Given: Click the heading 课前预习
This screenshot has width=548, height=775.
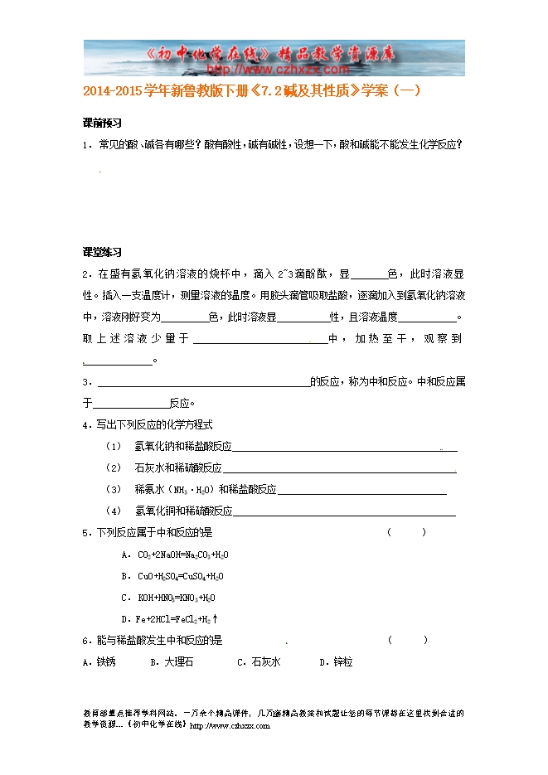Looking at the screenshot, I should pyautogui.click(x=102, y=123).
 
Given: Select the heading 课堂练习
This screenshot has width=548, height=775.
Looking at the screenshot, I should pyautogui.click(x=102, y=252).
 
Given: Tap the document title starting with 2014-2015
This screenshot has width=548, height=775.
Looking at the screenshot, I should pyautogui.click(x=252, y=92).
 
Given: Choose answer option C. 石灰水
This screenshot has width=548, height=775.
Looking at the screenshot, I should pyautogui.click(x=259, y=661).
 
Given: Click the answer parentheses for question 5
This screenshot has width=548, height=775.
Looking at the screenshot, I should pyautogui.click(x=407, y=533).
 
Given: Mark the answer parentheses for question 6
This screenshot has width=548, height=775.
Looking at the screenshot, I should pyautogui.click(x=407, y=640).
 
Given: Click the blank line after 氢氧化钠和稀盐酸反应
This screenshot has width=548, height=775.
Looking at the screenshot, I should pyautogui.click(x=344, y=448).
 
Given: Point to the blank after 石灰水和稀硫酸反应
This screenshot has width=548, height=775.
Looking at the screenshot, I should pyautogui.click(x=339, y=469).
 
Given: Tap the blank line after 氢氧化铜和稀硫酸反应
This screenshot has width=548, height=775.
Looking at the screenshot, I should pyautogui.click(x=344, y=512).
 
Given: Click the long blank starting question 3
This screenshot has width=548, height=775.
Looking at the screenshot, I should pyautogui.click(x=203, y=384).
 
